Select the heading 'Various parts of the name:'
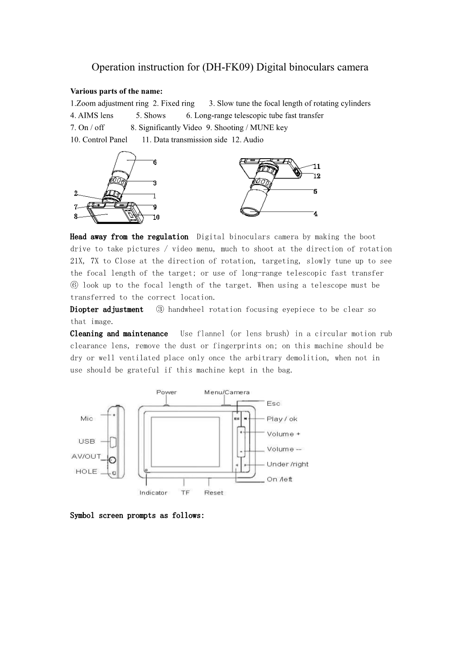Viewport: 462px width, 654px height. [116, 92]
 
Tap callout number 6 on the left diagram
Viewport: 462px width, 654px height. [155, 162]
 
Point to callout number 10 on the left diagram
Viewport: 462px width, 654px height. [156, 218]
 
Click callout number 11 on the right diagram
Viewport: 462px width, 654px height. [317, 167]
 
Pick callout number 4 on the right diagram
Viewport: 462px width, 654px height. [315, 214]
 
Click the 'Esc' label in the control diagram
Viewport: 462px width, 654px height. [274, 403]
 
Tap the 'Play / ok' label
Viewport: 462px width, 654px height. [282, 419]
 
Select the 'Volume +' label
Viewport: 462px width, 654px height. [284, 434]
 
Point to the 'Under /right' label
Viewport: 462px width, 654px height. [287, 464]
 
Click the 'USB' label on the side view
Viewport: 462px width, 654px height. [87, 441]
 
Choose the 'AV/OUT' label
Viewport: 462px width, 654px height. [86, 456]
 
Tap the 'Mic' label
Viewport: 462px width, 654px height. [87, 419]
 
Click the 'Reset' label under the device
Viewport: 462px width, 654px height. [213, 493]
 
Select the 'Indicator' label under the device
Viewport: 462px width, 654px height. [153, 493]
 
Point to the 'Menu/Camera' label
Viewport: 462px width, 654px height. [226, 392]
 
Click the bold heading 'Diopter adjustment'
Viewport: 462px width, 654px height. [106, 310]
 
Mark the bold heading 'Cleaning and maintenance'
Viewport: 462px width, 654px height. [119, 334]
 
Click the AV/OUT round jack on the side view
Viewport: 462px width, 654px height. [112, 460]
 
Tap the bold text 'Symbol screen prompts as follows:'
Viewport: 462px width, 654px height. [137, 516]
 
